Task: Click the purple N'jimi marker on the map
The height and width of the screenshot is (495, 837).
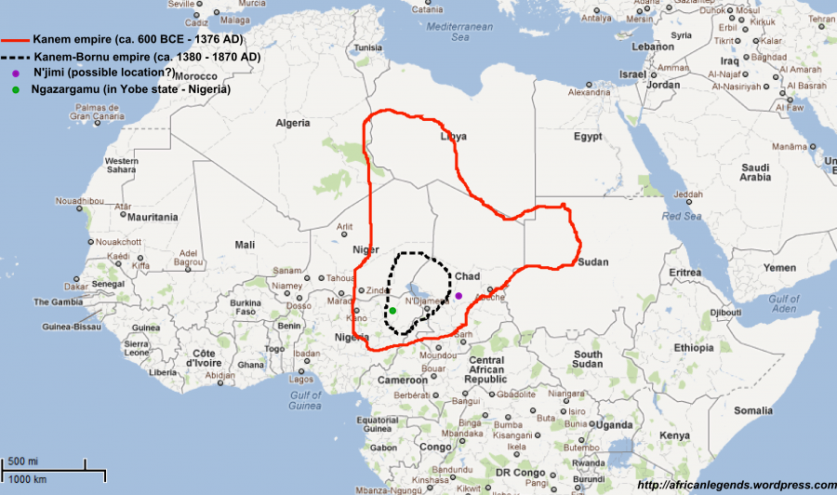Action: [458, 296]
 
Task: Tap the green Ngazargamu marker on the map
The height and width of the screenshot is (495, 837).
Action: [392, 310]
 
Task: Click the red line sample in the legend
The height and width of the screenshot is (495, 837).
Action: [16, 42]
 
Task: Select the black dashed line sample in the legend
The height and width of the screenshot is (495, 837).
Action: [16, 58]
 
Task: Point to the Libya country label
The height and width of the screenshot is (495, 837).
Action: [453, 137]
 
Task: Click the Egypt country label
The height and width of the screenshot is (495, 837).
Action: [588, 137]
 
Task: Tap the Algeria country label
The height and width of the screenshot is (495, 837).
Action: [292, 123]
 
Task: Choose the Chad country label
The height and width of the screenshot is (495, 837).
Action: [467, 276]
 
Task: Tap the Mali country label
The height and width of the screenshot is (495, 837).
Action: [245, 245]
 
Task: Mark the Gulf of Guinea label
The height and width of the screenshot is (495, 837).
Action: [304, 400]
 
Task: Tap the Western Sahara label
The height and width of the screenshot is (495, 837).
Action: [122, 166]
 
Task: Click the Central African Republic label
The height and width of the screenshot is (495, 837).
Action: [486, 369]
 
